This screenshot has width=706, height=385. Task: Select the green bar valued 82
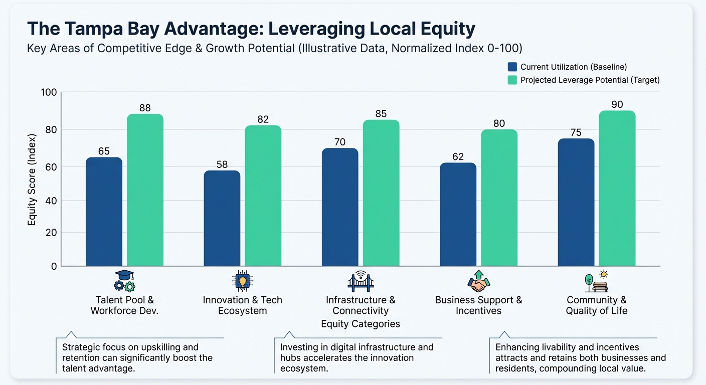[263, 196]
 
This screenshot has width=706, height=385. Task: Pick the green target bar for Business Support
[499, 198]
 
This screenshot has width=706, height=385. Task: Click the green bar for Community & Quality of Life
[617, 188]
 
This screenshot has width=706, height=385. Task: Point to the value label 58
[222, 164]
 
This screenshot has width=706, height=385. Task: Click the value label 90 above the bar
[617, 104]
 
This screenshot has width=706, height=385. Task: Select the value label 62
[458, 156]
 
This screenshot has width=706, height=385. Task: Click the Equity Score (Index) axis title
[32, 179]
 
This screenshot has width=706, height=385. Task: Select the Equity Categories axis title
[360, 324]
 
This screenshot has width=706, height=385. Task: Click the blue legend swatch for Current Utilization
[512, 67]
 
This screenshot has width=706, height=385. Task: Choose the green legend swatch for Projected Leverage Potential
[512, 80]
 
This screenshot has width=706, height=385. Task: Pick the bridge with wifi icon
[360, 281]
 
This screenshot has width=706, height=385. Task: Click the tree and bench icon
[597, 282]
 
